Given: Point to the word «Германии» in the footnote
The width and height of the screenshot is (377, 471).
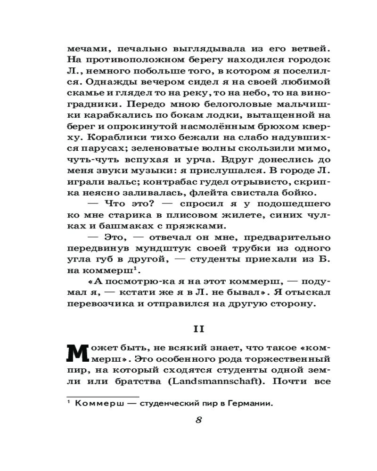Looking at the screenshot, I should coord(252,403).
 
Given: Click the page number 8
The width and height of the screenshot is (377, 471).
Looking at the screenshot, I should coord(198,421).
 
